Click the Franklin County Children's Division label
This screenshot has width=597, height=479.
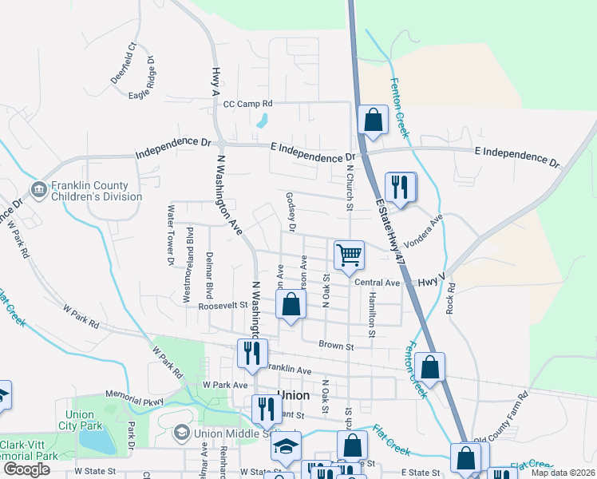[x=96, y=191]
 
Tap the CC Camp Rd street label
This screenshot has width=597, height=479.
[x=247, y=104]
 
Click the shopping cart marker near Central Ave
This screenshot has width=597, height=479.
[x=349, y=256]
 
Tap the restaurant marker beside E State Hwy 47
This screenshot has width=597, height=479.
[x=401, y=188]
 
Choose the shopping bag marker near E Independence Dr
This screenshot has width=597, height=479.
[x=373, y=121]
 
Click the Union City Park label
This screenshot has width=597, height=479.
[x=80, y=421]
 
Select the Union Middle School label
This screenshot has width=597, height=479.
[x=226, y=433]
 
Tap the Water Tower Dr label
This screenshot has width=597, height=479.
[x=170, y=234]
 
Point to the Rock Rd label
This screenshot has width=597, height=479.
[x=452, y=297]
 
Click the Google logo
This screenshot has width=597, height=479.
[x=26, y=469]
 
